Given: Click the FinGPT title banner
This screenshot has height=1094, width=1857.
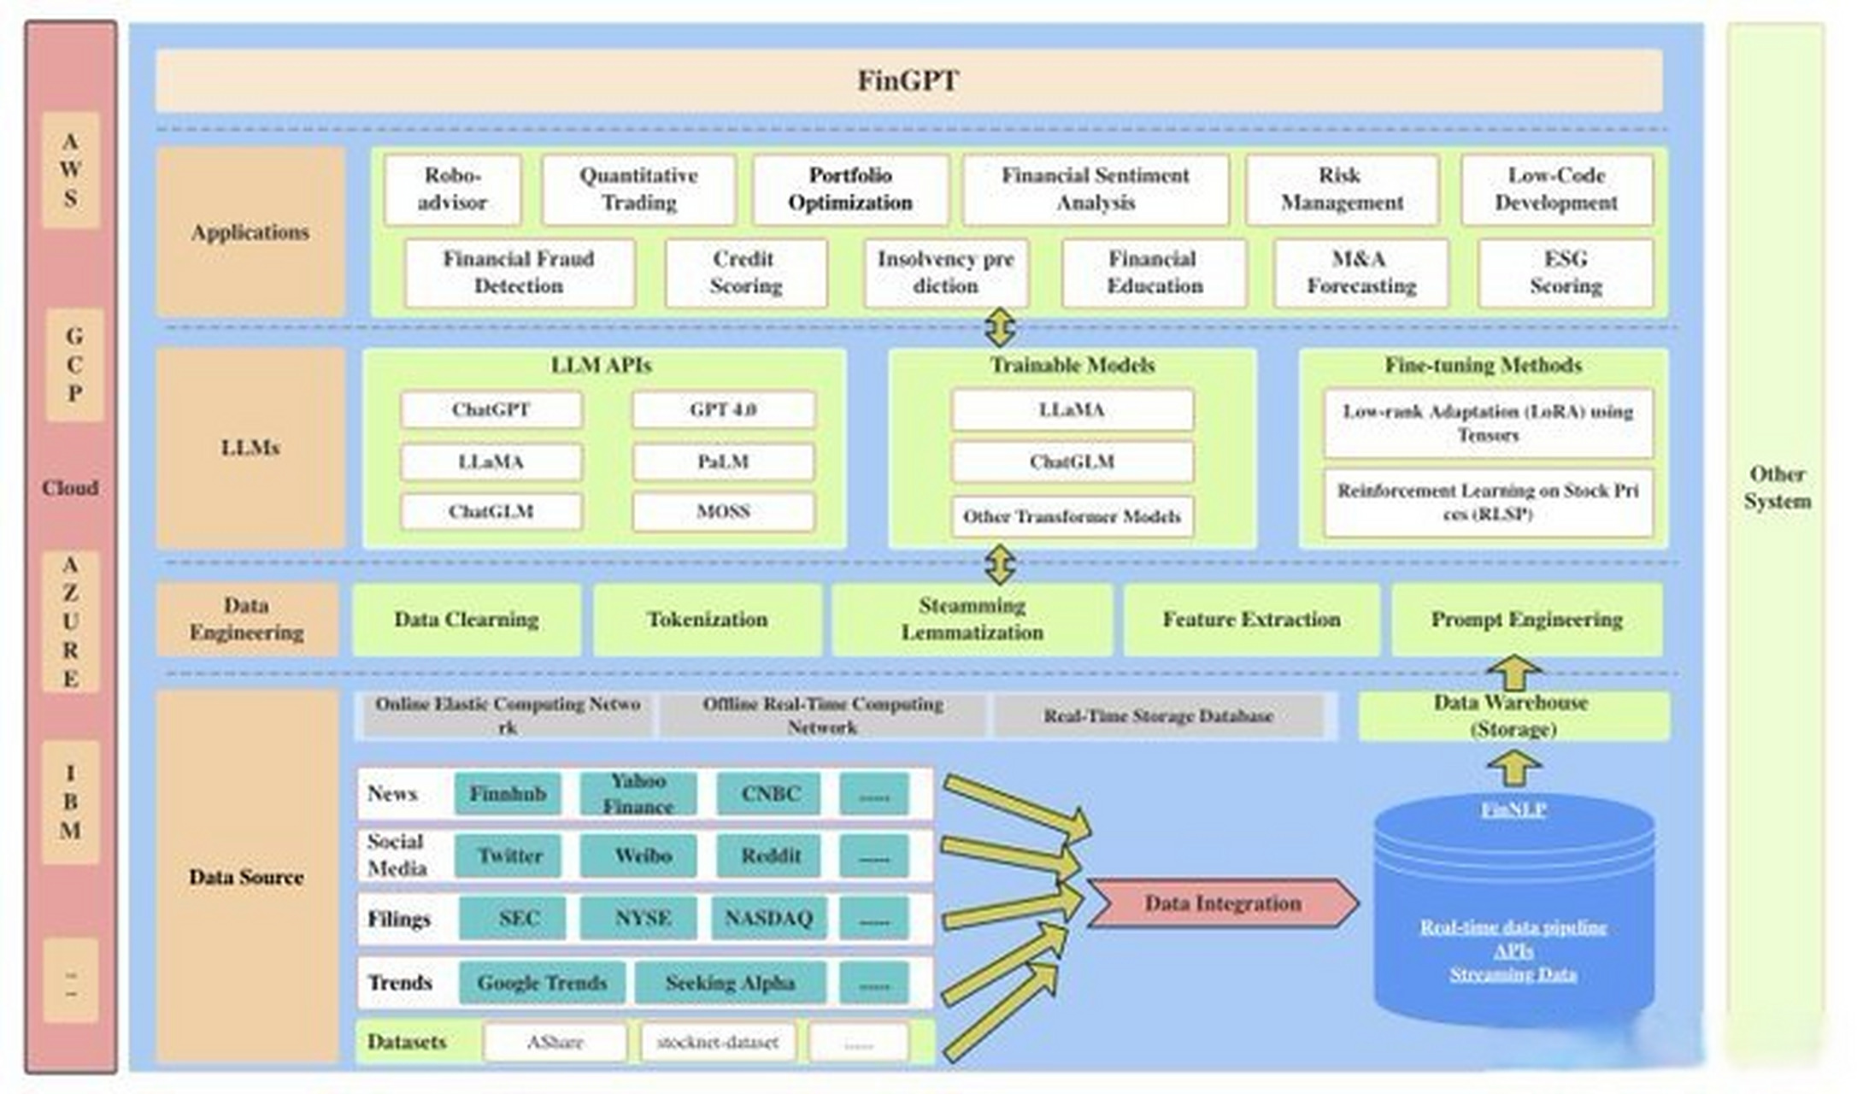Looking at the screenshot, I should point(908,81).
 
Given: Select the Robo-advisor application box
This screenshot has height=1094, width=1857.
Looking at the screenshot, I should point(452,189).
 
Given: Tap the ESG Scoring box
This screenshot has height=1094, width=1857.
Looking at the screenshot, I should point(1566,273).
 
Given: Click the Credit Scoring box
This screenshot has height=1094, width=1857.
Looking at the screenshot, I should point(745,273).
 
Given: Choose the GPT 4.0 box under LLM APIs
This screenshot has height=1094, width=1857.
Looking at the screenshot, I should point(723,410).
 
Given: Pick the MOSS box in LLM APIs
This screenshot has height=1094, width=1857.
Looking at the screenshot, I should point(723,512).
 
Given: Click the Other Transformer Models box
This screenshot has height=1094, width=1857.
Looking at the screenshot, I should point(1072,517).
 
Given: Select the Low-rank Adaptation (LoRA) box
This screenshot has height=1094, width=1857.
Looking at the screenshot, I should point(1488,423).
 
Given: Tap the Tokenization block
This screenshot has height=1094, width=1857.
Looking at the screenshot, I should point(707,620).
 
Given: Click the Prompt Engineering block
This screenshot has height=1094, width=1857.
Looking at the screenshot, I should point(1526,620).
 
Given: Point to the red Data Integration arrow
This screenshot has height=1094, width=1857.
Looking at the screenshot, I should point(1222,903).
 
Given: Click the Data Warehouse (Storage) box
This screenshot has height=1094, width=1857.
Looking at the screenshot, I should point(1513,716).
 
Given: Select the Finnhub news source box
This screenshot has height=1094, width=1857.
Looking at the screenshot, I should point(508,794).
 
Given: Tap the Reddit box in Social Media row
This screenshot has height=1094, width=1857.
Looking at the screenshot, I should point(770,856).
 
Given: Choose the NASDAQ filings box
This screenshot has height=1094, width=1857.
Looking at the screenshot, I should point(768,919).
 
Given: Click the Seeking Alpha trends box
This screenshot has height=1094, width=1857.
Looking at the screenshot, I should point(730,983).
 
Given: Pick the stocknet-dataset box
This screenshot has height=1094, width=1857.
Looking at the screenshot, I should point(717,1043).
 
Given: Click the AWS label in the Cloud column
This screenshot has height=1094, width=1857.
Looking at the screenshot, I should point(71,170).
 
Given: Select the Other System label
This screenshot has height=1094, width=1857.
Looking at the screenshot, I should point(1777,488).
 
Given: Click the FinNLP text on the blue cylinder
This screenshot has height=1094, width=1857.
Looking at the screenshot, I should point(1513,809).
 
